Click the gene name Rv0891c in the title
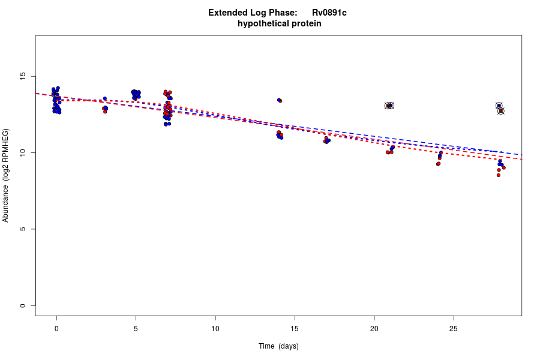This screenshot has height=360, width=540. click(329, 13)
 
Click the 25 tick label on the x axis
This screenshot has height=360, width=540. click(454, 328)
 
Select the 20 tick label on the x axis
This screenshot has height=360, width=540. click(374, 328)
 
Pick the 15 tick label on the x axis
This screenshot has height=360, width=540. click(295, 328)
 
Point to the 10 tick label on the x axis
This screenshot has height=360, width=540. click(215, 328)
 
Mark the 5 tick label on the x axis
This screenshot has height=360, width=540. click(136, 328)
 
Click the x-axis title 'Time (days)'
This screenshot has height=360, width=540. click(278, 346)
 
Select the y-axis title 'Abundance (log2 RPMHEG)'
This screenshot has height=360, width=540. click(6, 175)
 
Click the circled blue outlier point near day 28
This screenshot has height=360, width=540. click(499, 106)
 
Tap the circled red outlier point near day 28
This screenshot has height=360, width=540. click(501, 111)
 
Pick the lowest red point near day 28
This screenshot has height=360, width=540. click(498, 175)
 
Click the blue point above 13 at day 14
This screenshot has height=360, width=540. click(278, 100)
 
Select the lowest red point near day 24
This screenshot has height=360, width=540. click(438, 164)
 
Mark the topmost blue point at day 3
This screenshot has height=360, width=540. click(104, 98)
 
